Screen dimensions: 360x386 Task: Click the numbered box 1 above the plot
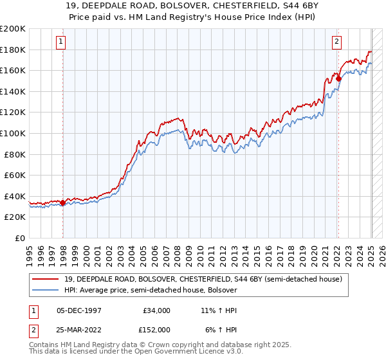coord(60,42)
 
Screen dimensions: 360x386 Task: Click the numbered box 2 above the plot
coord(336,42)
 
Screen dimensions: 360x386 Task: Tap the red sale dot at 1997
coord(62,203)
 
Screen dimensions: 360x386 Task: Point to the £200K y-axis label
coord(13,29)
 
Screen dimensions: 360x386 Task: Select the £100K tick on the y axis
coord(13,133)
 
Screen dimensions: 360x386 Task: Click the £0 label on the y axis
coord(20,238)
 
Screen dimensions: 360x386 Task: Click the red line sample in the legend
coord(46,278)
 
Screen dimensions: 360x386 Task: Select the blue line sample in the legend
coord(46,290)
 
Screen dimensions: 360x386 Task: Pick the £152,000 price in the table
coord(156,330)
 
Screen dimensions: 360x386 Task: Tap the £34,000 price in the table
coord(156,310)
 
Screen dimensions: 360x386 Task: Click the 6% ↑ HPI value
coord(221,330)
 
